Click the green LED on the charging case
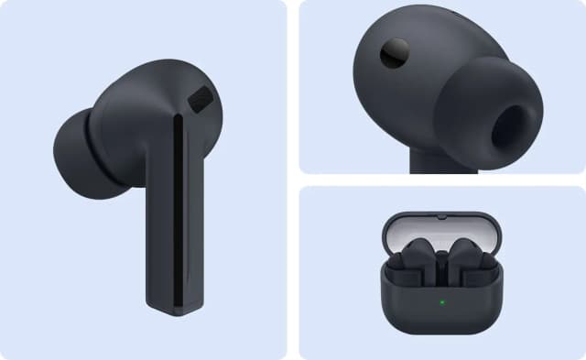(441, 301)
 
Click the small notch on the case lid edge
(441, 216)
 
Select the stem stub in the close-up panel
(439, 165)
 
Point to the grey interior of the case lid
(441, 234)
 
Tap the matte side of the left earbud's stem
(160, 229)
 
